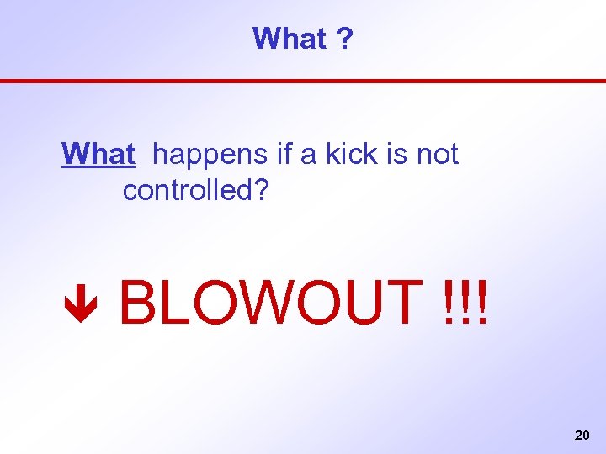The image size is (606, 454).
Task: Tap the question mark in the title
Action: [345, 38]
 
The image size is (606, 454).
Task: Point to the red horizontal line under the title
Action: [303, 81]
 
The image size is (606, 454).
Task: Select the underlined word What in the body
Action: [98, 154]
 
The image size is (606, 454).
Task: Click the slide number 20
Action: [581, 436]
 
